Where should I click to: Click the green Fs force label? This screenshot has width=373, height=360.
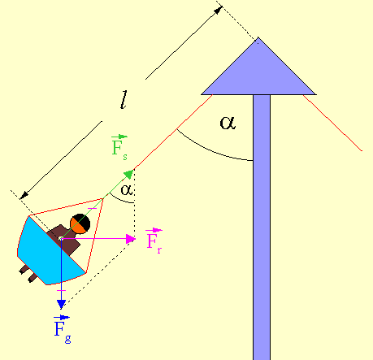119,148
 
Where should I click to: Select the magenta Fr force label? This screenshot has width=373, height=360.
154,241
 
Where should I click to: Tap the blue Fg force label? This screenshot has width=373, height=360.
62,329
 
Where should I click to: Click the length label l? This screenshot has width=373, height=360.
124,100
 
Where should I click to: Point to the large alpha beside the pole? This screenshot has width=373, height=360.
228,123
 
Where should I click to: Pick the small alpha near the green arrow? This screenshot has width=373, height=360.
127,189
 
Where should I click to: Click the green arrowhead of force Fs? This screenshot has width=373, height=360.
128,174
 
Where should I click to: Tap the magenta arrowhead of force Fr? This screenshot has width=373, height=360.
131,239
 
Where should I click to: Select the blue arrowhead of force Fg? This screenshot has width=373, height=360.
61,305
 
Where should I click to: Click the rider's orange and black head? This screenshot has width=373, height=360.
80,223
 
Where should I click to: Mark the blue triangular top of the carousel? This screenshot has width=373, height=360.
258,73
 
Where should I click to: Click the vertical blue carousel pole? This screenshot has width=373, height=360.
262,228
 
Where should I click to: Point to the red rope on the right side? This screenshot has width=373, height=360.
332,123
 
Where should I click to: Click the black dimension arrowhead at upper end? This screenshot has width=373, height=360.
219,10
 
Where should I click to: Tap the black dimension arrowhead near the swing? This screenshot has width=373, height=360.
24,195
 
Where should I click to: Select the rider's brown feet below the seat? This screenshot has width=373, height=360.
28,274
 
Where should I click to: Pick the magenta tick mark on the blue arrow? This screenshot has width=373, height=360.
61,291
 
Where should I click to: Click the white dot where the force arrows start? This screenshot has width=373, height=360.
61,239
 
